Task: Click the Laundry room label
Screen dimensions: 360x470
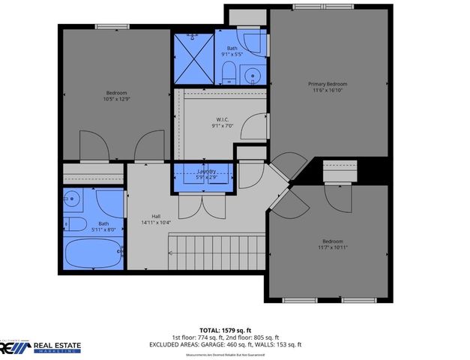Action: [207, 172]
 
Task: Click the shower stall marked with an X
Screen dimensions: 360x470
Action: [194, 58]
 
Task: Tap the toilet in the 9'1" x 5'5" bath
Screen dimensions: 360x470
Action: [229, 72]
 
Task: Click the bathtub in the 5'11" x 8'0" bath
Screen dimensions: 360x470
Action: [94, 253]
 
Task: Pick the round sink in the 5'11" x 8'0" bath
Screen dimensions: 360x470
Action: [73, 199]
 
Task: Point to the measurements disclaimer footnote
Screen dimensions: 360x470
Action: [235, 355]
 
